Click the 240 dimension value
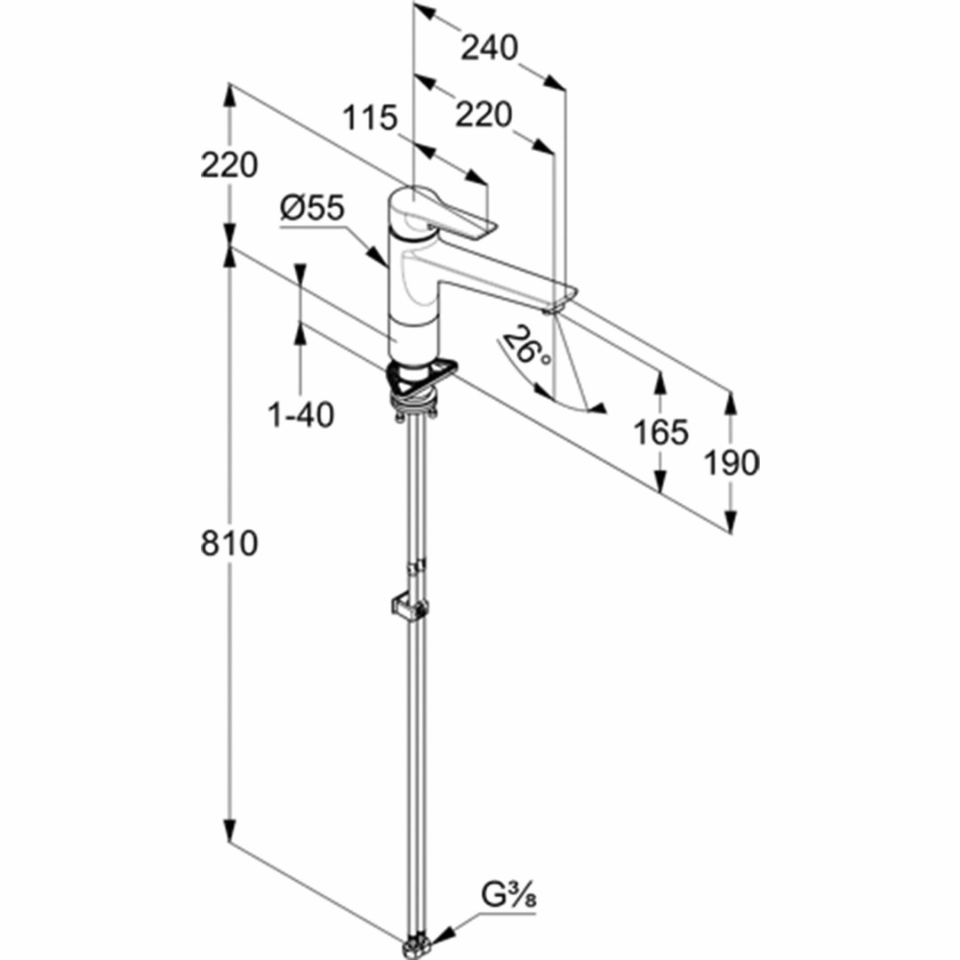coord(489,48)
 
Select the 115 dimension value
coord(370,117)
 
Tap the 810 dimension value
coord(229,543)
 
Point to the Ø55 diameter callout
coord(312,208)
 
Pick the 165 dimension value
coord(660,432)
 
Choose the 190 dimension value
coord(731,463)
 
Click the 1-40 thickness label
coord(301,414)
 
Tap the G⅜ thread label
coord(508,896)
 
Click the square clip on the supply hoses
coord(409,608)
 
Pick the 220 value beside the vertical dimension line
coord(229,164)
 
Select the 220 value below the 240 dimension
coord(483,115)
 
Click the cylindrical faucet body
coord(414,288)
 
